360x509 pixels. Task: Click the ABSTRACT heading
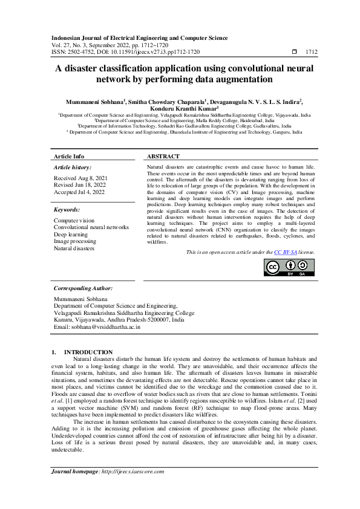tap(163, 156)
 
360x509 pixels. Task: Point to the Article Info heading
tap(69, 156)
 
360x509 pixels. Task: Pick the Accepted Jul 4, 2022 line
tap(79, 192)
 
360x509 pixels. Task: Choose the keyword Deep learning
tap(71, 234)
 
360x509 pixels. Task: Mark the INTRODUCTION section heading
tap(88, 352)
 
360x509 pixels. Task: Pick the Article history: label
tap(73, 166)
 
